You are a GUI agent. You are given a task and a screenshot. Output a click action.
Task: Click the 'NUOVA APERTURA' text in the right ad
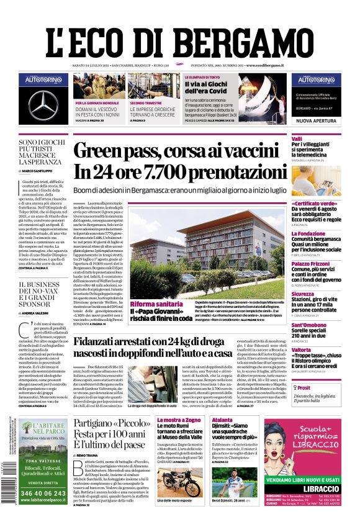(315, 120)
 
